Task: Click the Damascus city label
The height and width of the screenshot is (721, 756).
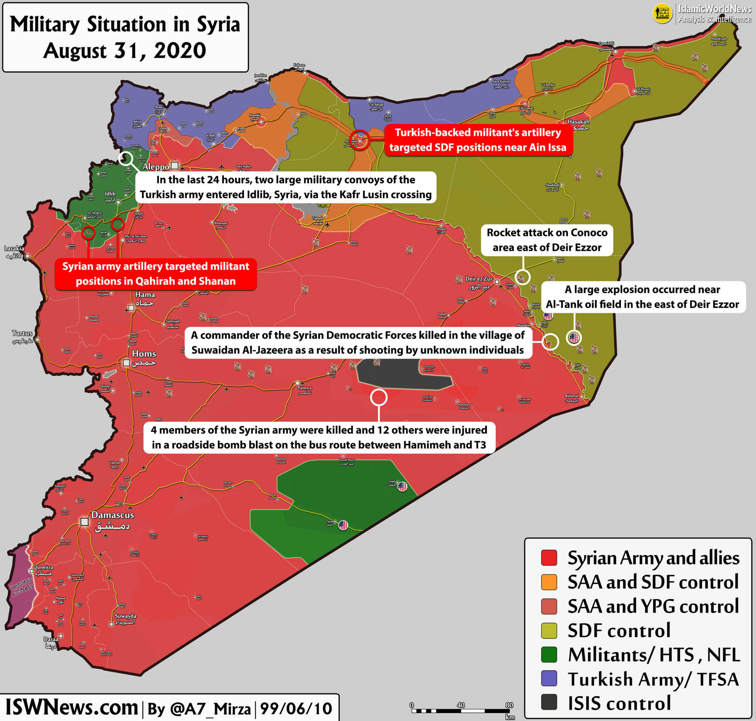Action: (112, 515)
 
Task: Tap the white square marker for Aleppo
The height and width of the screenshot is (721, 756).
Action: (175, 166)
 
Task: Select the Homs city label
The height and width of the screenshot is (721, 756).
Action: (144, 353)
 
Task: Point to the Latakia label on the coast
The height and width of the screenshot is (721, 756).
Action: (14, 248)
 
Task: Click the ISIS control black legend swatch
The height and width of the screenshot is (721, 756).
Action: (549, 702)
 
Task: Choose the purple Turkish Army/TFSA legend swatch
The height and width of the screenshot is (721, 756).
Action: (549, 678)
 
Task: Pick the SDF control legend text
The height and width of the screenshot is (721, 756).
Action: (619, 630)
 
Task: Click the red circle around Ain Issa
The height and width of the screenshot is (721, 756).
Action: (359, 140)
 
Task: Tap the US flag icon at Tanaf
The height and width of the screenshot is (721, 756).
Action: (343, 525)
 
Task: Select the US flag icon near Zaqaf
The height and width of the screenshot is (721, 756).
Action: (402, 487)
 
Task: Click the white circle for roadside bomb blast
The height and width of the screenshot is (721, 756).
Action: (378, 397)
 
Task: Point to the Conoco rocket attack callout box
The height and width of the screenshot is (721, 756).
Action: (547, 240)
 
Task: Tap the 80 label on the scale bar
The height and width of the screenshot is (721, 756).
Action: (509, 705)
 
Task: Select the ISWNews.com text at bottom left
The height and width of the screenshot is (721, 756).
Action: (72, 707)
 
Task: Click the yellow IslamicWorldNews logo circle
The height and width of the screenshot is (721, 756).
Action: (662, 13)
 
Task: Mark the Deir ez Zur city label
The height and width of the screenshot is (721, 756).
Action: (478, 279)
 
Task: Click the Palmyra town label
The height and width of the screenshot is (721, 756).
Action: (305, 388)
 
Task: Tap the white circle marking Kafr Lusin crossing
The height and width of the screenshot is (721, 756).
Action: (126, 158)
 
